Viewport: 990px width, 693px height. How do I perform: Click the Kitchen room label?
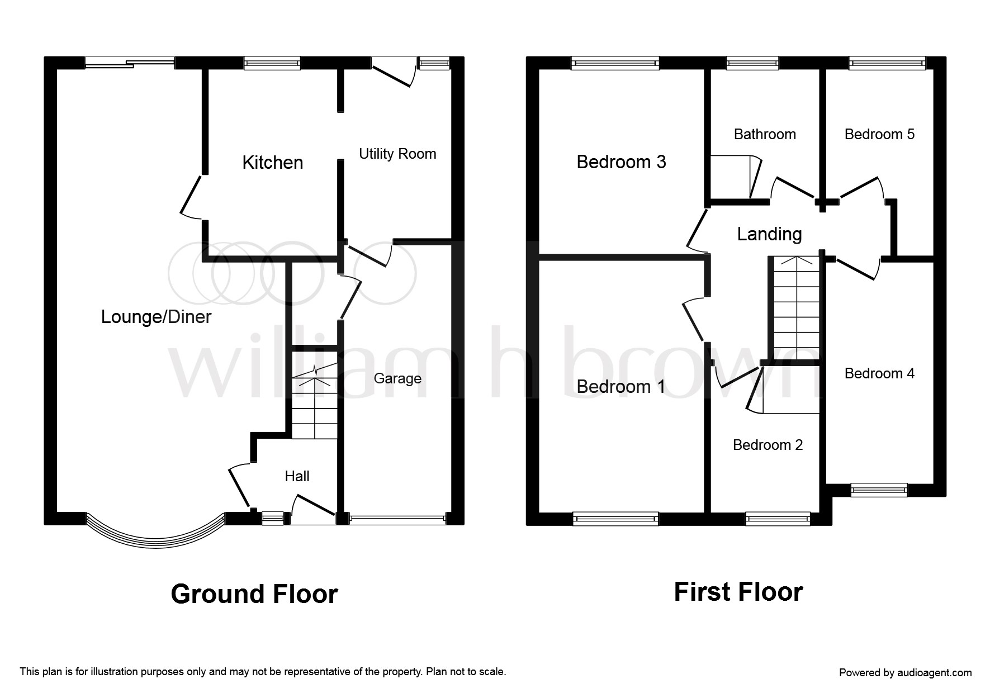[x=273, y=163]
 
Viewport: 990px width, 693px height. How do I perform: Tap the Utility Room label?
[x=397, y=154]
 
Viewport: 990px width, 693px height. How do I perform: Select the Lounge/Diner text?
[x=156, y=317]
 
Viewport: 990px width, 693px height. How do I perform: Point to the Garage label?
[x=397, y=378]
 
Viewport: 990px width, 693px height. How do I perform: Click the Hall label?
[x=297, y=476]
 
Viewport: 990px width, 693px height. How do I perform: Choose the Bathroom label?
[x=765, y=134]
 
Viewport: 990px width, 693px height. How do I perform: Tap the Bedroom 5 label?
[x=879, y=134]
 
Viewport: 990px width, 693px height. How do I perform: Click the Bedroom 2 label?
[x=768, y=445]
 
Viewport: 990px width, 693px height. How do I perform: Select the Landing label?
[x=769, y=234]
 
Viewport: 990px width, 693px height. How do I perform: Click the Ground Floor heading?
[x=254, y=594]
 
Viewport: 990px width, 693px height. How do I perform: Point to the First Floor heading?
[x=738, y=592]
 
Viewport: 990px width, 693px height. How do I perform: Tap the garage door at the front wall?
[x=397, y=519]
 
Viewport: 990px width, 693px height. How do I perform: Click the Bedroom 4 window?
[x=879, y=490]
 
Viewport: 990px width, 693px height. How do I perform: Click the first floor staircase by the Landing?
[x=794, y=307]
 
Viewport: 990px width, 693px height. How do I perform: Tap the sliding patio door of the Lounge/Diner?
[x=130, y=63]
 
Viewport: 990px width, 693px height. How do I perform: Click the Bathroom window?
[x=752, y=63]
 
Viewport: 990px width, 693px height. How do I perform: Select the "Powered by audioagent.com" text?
[x=905, y=673]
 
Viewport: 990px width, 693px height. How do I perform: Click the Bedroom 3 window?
[x=615, y=63]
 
